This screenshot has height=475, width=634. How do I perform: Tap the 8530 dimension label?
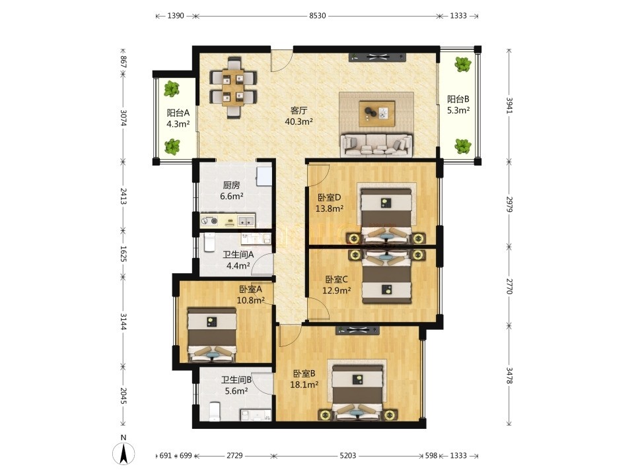tap(318, 16)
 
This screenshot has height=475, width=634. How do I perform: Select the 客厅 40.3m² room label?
tap(299, 116)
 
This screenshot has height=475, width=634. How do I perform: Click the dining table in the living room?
tap(233, 88)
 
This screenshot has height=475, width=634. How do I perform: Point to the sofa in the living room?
tap(376, 145)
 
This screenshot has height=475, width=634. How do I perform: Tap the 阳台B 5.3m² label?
tap(458, 105)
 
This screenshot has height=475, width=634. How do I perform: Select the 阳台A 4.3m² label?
tap(178, 118)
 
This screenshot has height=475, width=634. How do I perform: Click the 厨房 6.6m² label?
tap(231, 191)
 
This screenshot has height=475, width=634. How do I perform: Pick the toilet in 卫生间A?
tap(209, 242)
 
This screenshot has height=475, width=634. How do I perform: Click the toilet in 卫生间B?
tap(214, 411)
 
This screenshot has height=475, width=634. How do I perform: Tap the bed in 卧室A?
tap(212, 335)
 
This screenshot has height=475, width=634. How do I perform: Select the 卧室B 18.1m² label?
tap(304, 379)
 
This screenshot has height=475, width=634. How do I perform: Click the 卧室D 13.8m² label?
tap(330, 203)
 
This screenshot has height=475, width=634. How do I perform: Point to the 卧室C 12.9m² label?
tap(336, 284)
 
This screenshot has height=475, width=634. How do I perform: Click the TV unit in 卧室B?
tap(357, 331)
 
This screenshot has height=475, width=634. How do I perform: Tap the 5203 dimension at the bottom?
tap(348, 456)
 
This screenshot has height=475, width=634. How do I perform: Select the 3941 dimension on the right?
tap(509, 106)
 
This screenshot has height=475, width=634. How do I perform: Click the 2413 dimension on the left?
tap(123, 196)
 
